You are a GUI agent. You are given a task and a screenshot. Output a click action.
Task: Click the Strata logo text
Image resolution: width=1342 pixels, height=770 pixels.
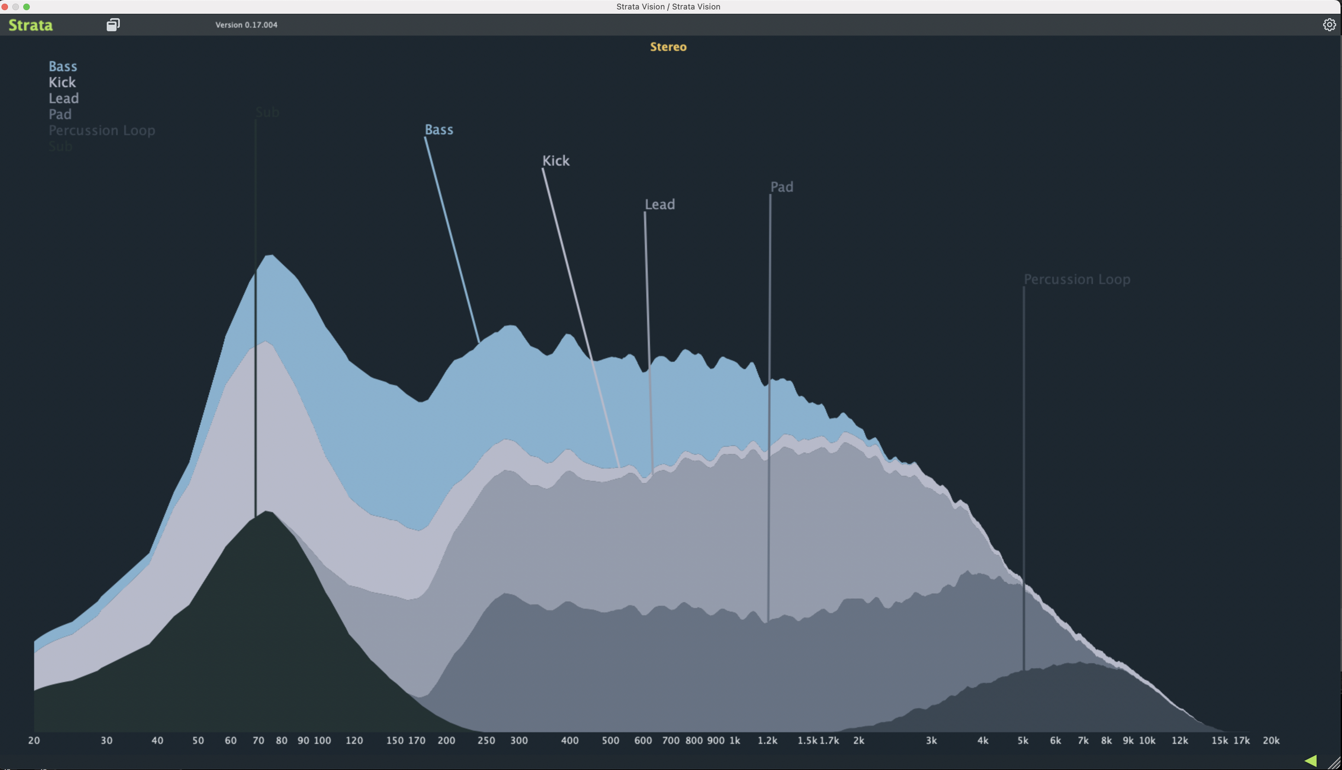(x=30, y=25)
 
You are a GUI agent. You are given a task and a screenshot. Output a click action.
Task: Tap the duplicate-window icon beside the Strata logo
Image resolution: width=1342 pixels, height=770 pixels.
(x=113, y=25)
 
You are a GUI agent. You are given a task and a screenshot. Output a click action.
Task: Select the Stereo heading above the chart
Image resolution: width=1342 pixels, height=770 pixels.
(x=668, y=46)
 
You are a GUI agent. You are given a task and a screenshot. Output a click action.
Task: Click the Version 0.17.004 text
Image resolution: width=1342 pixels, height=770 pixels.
(x=246, y=25)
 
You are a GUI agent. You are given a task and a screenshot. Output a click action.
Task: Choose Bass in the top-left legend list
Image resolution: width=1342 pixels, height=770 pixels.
(x=63, y=66)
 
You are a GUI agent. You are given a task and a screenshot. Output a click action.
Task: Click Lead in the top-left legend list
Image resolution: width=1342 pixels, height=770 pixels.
(x=64, y=98)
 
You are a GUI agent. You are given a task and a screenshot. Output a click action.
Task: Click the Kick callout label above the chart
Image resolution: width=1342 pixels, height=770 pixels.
(x=556, y=161)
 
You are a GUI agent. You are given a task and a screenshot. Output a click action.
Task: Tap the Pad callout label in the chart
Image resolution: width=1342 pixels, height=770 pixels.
(x=782, y=187)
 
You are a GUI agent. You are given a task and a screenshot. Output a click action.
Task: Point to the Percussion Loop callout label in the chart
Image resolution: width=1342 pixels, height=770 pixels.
(x=1077, y=279)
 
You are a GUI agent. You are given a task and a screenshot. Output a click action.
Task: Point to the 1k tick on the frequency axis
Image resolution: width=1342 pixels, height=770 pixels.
(x=735, y=740)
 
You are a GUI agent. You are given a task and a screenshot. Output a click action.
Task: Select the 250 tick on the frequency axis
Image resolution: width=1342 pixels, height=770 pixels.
(x=486, y=740)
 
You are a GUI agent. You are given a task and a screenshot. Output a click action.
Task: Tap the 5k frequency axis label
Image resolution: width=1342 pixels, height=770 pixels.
(x=1023, y=740)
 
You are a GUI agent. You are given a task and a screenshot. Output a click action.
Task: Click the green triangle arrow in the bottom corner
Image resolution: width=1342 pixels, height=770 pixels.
(x=1310, y=761)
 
